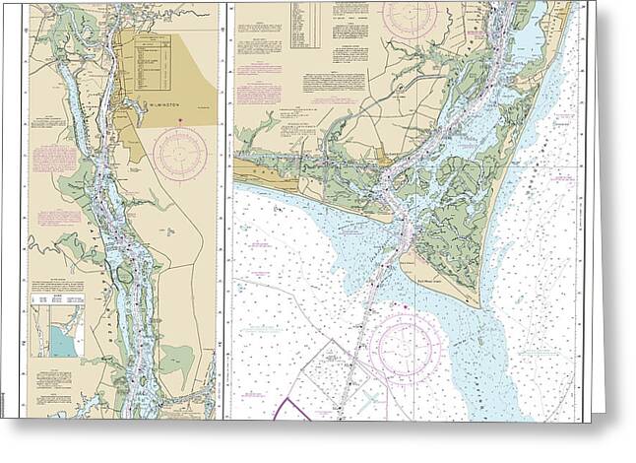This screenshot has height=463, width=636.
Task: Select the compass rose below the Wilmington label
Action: (x=179, y=154)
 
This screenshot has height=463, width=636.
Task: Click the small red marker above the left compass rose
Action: (x=180, y=120)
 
